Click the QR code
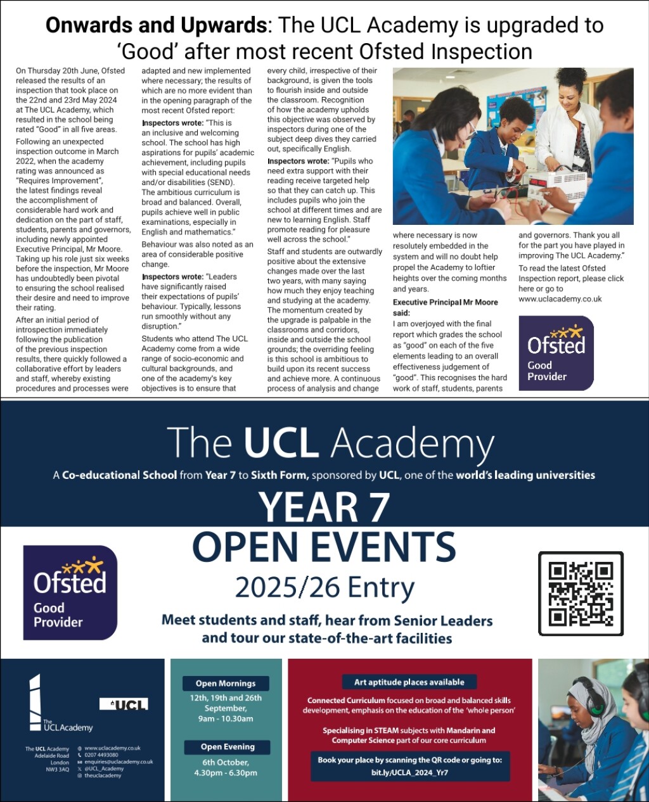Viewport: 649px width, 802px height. (x=581, y=594)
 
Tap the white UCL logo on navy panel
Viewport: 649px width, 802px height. (x=124, y=704)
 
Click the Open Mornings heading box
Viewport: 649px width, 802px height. (x=226, y=684)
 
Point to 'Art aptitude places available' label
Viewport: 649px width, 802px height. (x=409, y=682)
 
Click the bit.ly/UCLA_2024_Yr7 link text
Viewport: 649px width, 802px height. (x=409, y=773)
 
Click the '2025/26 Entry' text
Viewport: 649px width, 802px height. (x=324, y=588)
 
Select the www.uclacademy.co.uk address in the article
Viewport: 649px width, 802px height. (x=560, y=299)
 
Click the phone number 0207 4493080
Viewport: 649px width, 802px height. (x=101, y=755)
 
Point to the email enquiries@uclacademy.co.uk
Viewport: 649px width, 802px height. (x=119, y=762)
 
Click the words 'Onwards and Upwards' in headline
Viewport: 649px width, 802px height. (x=156, y=26)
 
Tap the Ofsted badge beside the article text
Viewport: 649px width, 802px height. (x=556, y=353)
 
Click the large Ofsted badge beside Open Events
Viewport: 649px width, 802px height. (x=70, y=592)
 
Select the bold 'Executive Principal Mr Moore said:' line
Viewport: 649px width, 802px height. (x=446, y=307)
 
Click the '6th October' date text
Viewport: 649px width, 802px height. (x=226, y=762)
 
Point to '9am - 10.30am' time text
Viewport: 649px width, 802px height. (x=226, y=719)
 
